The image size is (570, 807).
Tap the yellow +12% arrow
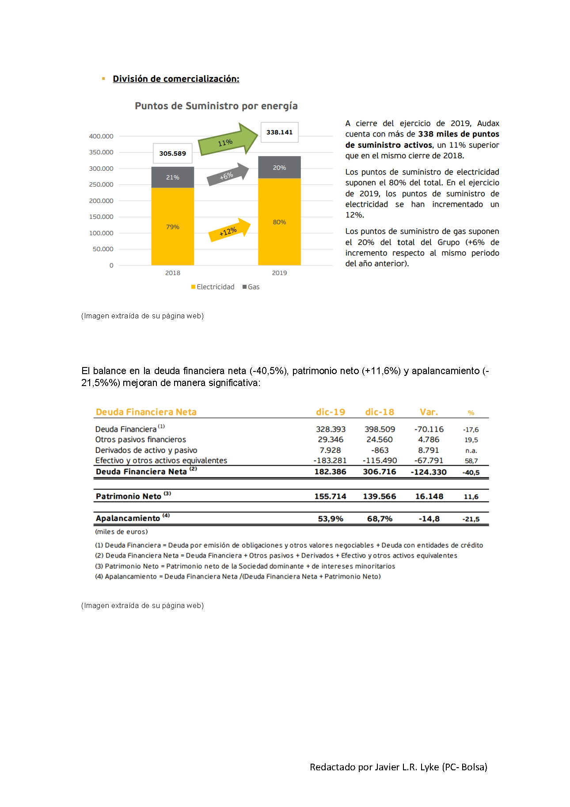[x=229, y=231]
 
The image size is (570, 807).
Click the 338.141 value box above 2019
[x=279, y=132]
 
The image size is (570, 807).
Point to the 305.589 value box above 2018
[x=172, y=153]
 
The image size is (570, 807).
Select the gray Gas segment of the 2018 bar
[x=172, y=177]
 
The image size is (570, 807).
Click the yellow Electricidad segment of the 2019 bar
[x=279, y=222]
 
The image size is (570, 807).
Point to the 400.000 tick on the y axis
[x=101, y=136]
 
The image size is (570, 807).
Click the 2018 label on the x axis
[x=172, y=273]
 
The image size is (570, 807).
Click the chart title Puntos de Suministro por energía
[x=216, y=106]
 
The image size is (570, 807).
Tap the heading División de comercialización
[x=176, y=79]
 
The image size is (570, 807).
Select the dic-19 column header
[x=330, y=412]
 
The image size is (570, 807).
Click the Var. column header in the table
[x=429, y=412]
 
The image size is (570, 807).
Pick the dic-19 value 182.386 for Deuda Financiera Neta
[x=330, y=472]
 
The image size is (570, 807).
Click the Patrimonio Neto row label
[x=129, y=497]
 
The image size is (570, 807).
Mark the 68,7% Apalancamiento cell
[x=380, y=519]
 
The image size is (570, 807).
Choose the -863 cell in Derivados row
[x=380, y=450]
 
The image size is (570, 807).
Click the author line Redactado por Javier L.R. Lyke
[x=398, y=767]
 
